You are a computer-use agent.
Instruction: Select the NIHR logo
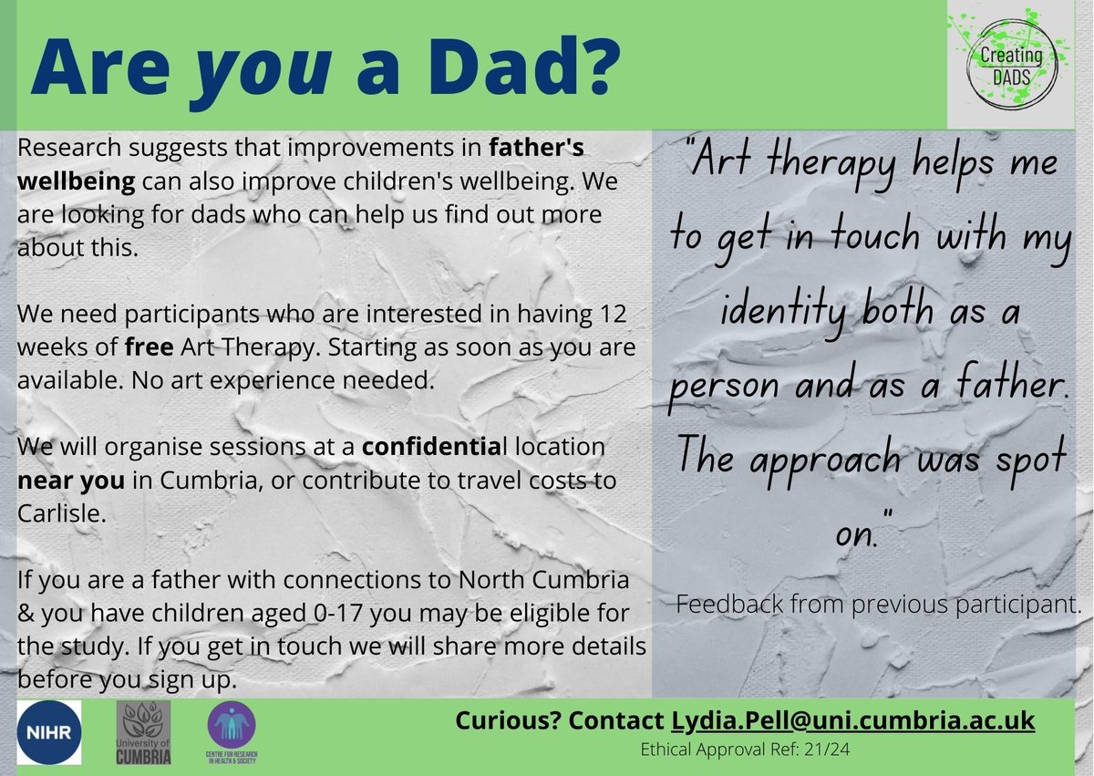49,733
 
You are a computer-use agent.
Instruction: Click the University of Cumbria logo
145,733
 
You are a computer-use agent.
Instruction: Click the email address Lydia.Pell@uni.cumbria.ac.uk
852,720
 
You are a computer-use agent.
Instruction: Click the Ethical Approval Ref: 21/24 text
745,750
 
